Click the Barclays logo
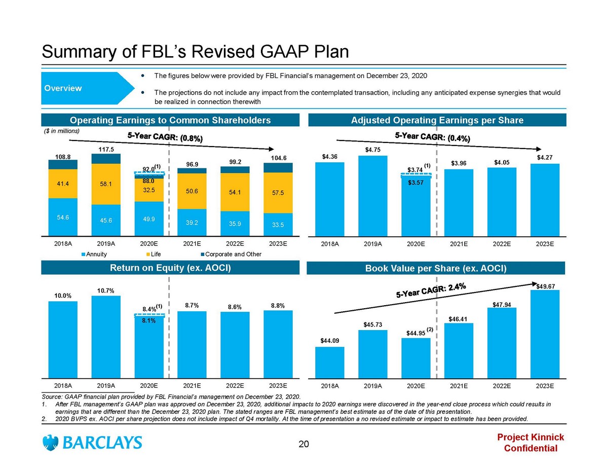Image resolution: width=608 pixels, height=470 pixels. [x=92, y=443]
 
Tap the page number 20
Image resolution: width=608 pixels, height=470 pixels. [x=303, y=445]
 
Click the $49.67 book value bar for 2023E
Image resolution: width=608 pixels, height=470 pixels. [x=545, y=335]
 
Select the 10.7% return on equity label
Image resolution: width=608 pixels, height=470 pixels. [x=106, y=290]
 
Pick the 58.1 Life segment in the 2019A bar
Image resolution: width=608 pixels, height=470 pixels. [x=106, y=184]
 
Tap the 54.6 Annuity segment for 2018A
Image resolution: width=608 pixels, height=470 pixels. [x=63, y=217]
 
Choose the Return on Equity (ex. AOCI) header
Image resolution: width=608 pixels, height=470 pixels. [x=170, y=268]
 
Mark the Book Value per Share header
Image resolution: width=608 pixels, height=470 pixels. [x=436, y=268]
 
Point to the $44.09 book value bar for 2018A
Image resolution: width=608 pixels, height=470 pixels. [x=330, y=363]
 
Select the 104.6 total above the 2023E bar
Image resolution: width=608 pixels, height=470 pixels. [x=278, y=158]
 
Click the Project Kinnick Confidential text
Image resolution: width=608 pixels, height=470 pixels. [x=530, y=443]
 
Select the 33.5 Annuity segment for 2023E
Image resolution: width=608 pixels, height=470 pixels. [x=278, y=225]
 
